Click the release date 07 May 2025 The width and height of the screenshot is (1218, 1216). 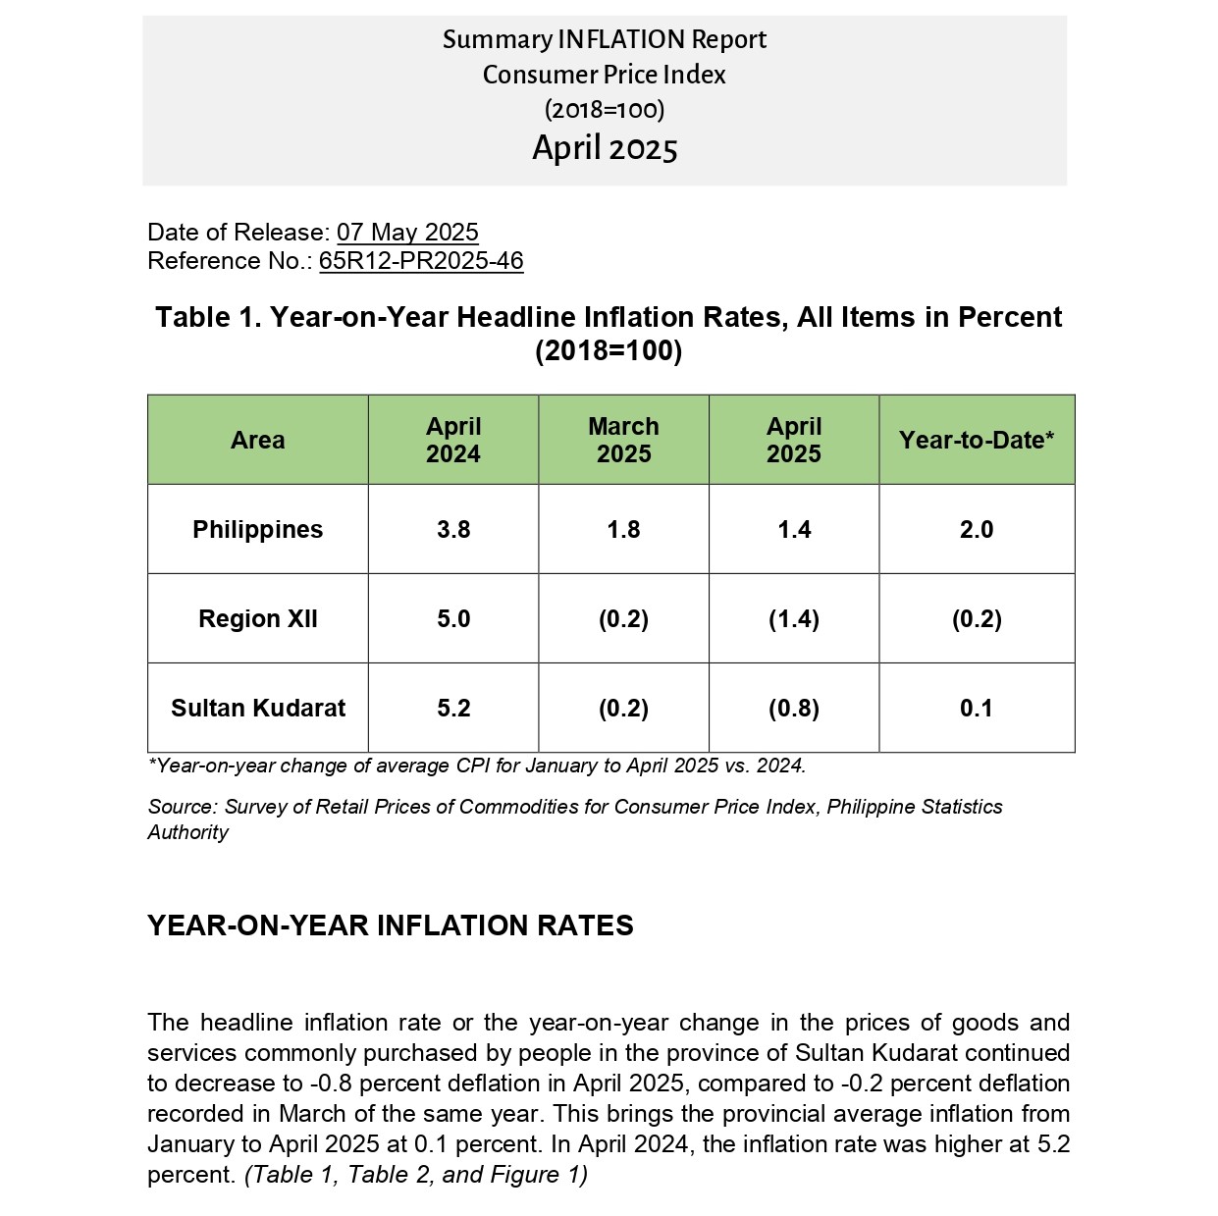[x=407, y=232]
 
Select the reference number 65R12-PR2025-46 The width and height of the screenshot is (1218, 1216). [x=421, y=260]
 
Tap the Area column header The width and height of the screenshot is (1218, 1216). [x=257, y=440]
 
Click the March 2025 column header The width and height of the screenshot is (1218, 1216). [x=623, y=440]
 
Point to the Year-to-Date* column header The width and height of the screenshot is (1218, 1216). [x=976, y=440]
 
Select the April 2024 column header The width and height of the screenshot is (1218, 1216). [x=452, y=440]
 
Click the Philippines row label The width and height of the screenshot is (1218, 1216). [x=257, y=529]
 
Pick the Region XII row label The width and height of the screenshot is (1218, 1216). [x=257, y=618]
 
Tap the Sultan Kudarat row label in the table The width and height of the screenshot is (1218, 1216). [x=257, y=708]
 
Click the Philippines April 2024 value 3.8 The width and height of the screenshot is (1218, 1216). [x=453, y=529]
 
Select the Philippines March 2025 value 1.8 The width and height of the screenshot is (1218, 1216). [x=623, y=529]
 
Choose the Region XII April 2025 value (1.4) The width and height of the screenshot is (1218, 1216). [x=793, y=618]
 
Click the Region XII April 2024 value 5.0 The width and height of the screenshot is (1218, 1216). [x=453, y=618]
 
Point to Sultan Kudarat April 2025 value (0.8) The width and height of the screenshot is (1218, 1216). [x=793, y=708]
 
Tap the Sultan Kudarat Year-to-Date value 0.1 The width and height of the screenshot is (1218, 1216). [x=976, y=708]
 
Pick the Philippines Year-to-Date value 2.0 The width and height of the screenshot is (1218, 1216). [x=976, y=529]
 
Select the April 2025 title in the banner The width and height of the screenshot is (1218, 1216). [x=605, y=148]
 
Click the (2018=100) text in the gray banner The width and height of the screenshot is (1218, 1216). [x=605, y=110]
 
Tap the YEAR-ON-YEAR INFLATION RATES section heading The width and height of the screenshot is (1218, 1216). [x=390, y=925]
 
